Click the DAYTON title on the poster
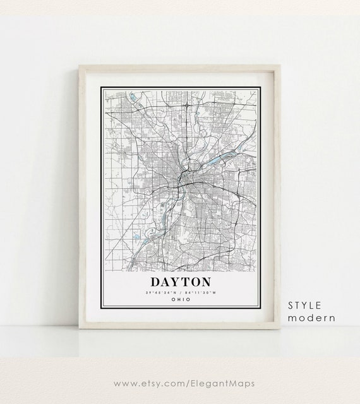click(181, 281)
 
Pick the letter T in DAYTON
click(185, 281)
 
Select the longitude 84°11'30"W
click(201, 292)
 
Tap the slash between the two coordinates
click(181, 292)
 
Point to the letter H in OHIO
click(178, 299)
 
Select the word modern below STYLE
click(311, 318)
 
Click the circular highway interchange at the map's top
click(188, 103)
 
